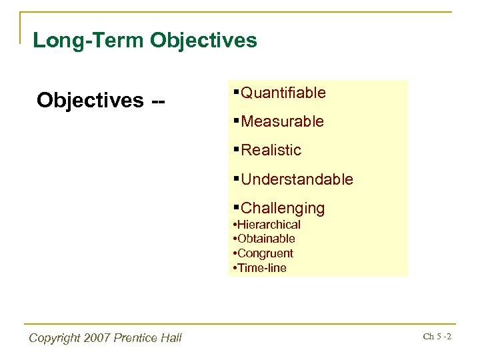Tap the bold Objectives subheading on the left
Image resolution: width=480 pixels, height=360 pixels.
(x=89, y=100)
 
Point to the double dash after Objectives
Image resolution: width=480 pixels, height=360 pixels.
(x=159, y=100)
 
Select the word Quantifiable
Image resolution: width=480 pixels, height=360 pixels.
(x=283, y=93)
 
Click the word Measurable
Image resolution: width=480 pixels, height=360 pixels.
(x=283, y=121)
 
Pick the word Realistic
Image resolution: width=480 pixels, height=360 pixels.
(x=271, y=150)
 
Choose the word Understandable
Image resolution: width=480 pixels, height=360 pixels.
(x=297, y=179)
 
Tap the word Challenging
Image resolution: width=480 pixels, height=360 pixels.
(x=283, y=208)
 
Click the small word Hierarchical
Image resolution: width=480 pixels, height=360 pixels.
(x=270, y=225)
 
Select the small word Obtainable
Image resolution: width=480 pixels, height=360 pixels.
(x=267, y=239)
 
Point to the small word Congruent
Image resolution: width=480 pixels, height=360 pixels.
(x=265, y=253)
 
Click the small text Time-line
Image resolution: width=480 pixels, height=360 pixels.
(x=262, y=268)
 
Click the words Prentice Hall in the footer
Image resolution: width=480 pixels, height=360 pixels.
(x=150, y=338)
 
